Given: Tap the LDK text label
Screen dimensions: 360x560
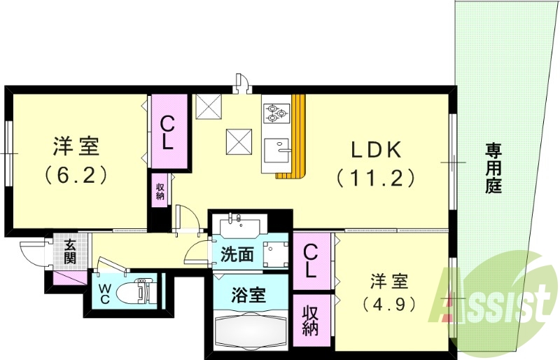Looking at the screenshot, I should click(375, 149).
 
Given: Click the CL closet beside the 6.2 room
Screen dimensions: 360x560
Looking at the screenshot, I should click(167, 132).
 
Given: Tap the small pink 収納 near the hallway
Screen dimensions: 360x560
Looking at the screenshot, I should click(160, 191).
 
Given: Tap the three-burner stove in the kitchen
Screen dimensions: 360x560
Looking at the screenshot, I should click(275, 111).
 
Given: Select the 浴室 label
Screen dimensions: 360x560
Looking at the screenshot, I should click(248, 294).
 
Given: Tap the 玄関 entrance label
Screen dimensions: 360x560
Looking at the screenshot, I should click(71, 251).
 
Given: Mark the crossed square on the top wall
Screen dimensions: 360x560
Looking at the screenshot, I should click(209, 106).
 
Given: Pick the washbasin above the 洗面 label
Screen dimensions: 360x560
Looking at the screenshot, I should click(239, 226).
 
